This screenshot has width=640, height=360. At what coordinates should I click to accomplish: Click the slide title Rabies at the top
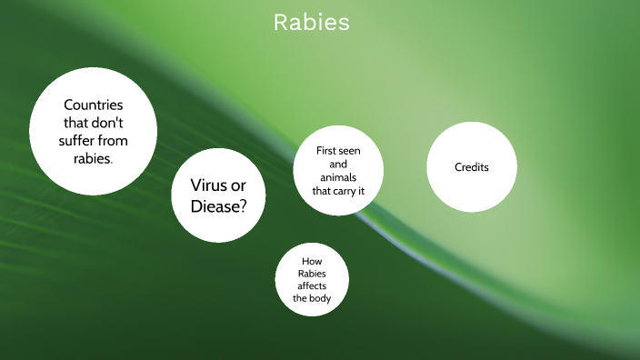pyautogui.click(x=312, y=23)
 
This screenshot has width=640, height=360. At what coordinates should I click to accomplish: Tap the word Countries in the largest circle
pyautogui.click(x=93, y=105)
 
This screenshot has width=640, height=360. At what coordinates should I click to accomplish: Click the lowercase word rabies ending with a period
pyautogui.click(x=94, y=157)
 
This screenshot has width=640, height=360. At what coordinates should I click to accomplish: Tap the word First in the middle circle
pyautogui.click(x=327, y=151)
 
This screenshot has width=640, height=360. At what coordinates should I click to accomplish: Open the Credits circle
pyautogui.click(x=471, y=167)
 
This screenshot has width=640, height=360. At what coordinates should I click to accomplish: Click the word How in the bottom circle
pyautogui.click(x=312, y=260)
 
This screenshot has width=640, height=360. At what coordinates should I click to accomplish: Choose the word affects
pyautogui.click(x=312, y=285)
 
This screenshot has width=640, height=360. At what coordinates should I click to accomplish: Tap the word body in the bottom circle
pyautogui.click(x=320, y=298)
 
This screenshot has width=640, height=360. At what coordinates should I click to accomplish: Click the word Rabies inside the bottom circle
pyautogui.click(x=312, y=273)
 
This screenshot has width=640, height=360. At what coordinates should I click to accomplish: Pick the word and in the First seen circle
pyautogui.click(x=338, y=165)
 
